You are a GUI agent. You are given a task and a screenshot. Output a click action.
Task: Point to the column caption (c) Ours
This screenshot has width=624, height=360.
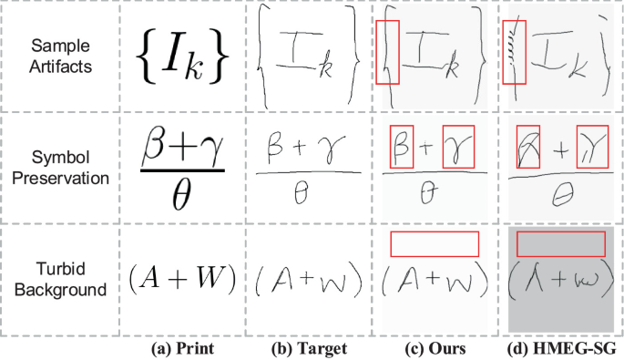click(433, 348)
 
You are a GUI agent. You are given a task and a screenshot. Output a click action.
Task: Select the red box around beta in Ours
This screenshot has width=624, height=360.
click(401, 145)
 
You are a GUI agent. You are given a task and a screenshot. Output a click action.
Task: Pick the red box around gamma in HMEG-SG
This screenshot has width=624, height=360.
click(584, 145)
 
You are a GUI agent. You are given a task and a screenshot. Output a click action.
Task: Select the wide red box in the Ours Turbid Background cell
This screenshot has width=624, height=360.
click(433, 244)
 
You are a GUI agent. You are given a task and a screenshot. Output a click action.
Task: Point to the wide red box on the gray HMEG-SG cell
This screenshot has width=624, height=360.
click(559, 244)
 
